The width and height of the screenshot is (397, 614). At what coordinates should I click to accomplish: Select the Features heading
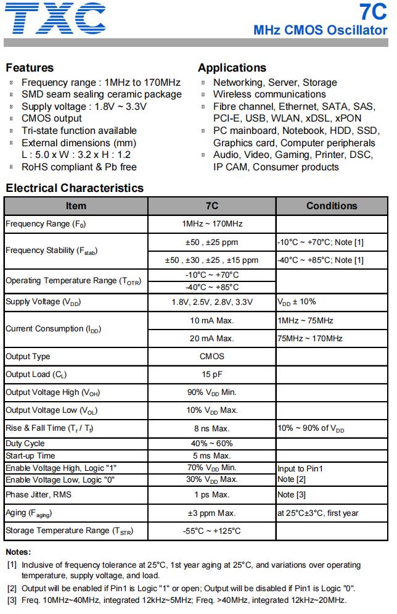29,68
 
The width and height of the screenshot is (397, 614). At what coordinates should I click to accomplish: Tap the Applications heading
232,68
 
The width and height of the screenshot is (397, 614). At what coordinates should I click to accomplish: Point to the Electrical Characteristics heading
74,188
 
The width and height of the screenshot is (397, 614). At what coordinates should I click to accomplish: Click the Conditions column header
332,205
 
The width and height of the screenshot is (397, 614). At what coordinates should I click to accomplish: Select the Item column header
76,205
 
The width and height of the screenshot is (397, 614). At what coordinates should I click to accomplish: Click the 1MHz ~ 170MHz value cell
211,223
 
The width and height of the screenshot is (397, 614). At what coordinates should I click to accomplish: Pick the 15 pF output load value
211,374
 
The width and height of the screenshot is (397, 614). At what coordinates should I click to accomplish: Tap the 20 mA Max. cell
211,338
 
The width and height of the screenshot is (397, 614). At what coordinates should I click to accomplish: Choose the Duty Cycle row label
25,444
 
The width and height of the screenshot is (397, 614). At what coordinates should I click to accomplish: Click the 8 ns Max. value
211,428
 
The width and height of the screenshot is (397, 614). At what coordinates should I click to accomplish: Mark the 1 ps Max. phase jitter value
211,495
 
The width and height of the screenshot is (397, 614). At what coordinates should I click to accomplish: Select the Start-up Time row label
30,455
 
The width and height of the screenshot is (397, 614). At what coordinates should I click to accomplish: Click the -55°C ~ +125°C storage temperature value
211,531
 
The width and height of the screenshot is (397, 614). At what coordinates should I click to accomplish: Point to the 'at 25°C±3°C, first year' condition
318,513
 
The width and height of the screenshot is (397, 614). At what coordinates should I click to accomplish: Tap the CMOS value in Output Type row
211,356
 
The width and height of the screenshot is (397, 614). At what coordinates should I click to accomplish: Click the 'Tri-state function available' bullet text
79,131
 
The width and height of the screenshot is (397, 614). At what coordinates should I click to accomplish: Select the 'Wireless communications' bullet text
269,94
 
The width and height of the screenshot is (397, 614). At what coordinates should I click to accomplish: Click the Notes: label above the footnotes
18,552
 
